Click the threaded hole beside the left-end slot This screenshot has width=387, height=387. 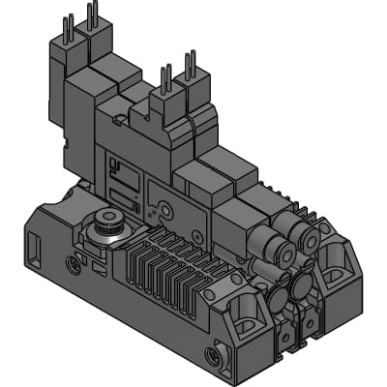(x=72, y=261)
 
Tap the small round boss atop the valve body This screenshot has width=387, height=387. (x=118, y=122)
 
